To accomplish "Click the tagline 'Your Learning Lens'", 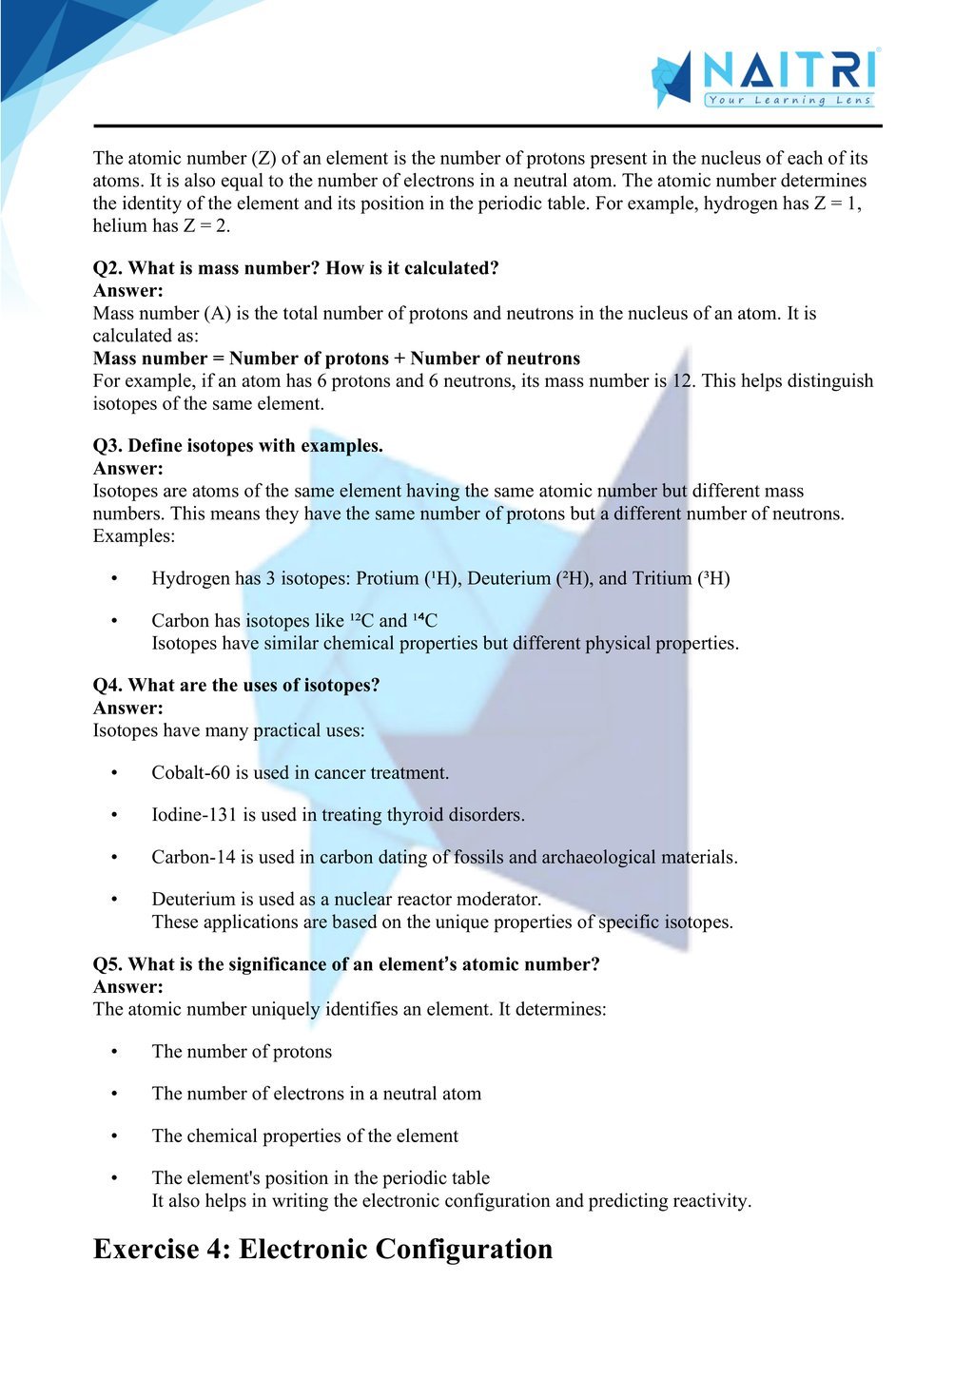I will (789, 100).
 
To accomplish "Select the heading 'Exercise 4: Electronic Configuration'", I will (322, 1249).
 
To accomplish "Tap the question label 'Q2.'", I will (107, 268).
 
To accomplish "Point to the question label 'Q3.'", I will (107, 446).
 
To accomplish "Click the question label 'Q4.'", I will (107, 686).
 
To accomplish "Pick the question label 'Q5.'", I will (107, 964).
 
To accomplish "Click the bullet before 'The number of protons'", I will (114, 1052).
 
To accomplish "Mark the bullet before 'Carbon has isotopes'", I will (114, 621).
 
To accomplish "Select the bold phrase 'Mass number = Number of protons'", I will (241, 359).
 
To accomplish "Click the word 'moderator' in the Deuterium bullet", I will (499, 899).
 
